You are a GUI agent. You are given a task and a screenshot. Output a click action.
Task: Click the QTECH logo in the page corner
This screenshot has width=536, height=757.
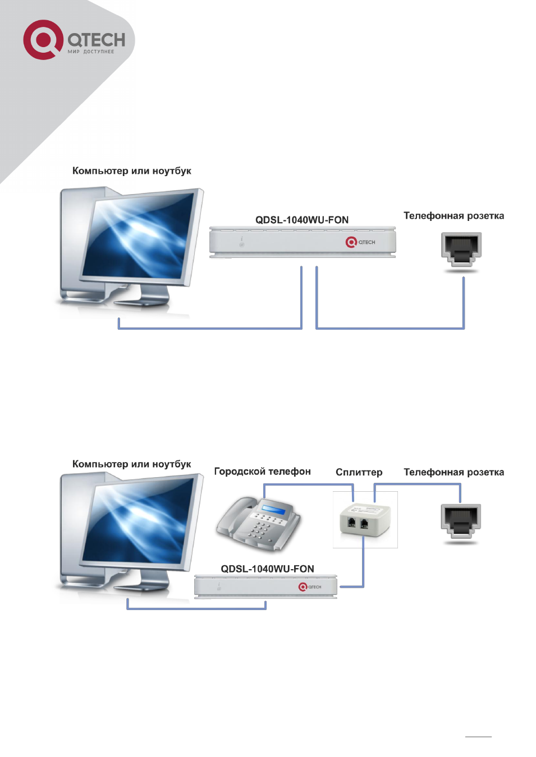[x=74, y=40]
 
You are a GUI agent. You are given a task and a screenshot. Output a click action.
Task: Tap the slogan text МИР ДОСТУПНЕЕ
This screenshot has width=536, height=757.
[x=90, y=52]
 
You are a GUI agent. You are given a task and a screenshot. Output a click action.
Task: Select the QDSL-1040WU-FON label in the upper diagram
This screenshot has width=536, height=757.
[x=301, y=220]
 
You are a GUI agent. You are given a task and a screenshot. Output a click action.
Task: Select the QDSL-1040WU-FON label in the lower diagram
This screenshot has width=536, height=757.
[x=267, y=569]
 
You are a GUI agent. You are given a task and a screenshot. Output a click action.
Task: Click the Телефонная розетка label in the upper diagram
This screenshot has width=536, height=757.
[x=454, y=216]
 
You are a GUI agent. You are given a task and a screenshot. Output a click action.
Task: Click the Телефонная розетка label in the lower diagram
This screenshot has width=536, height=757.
[x=454, y=472]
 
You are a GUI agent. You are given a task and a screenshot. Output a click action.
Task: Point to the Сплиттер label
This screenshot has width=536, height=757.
[x=359, y=472]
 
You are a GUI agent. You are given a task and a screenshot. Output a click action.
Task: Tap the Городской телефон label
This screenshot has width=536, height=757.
[x=263, y=472]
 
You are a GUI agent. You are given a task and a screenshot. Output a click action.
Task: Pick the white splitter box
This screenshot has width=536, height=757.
[x=365, y=519]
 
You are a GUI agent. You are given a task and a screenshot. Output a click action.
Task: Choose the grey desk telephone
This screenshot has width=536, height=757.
[x=258, y=523]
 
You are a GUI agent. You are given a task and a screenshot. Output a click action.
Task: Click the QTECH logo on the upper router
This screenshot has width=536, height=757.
[x=360, y=242]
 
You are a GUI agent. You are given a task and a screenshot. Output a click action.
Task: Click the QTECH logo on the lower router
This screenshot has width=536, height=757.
[x=309, y=587]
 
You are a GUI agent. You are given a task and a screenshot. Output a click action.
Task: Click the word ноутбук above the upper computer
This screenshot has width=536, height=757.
[x=172, y=171]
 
